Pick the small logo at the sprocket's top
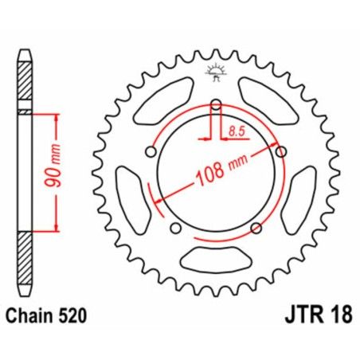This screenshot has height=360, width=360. tap(215, 72)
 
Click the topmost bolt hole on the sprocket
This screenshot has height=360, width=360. tap(215, 102)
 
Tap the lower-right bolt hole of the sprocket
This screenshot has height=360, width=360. tap(255, 229)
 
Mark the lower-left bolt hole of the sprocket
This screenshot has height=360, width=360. tap(175, 229)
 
